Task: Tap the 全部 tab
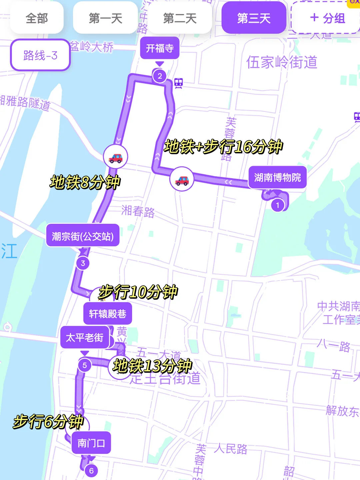pos(37,18)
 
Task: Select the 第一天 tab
pos(105,18)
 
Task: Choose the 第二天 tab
pos(180,18)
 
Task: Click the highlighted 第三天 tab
pos(254,18)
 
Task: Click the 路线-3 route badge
pos(40,55)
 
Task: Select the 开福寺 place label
pos(160,48)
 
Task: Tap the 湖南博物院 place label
pos(277,177)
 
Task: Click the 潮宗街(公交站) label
pos(83,236)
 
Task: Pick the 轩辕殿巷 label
pos(107,314)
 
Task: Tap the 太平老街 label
pos(85,338)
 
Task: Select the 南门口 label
pos(91,443)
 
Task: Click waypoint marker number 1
pos(277,205)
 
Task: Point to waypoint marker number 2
pos(160,76)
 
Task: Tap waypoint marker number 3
pos(83,263)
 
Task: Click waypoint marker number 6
pos(91,470)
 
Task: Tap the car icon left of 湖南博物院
pos(182,180)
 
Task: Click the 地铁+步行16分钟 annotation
pos(223,147)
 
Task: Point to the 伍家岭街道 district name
pos(282,62)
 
